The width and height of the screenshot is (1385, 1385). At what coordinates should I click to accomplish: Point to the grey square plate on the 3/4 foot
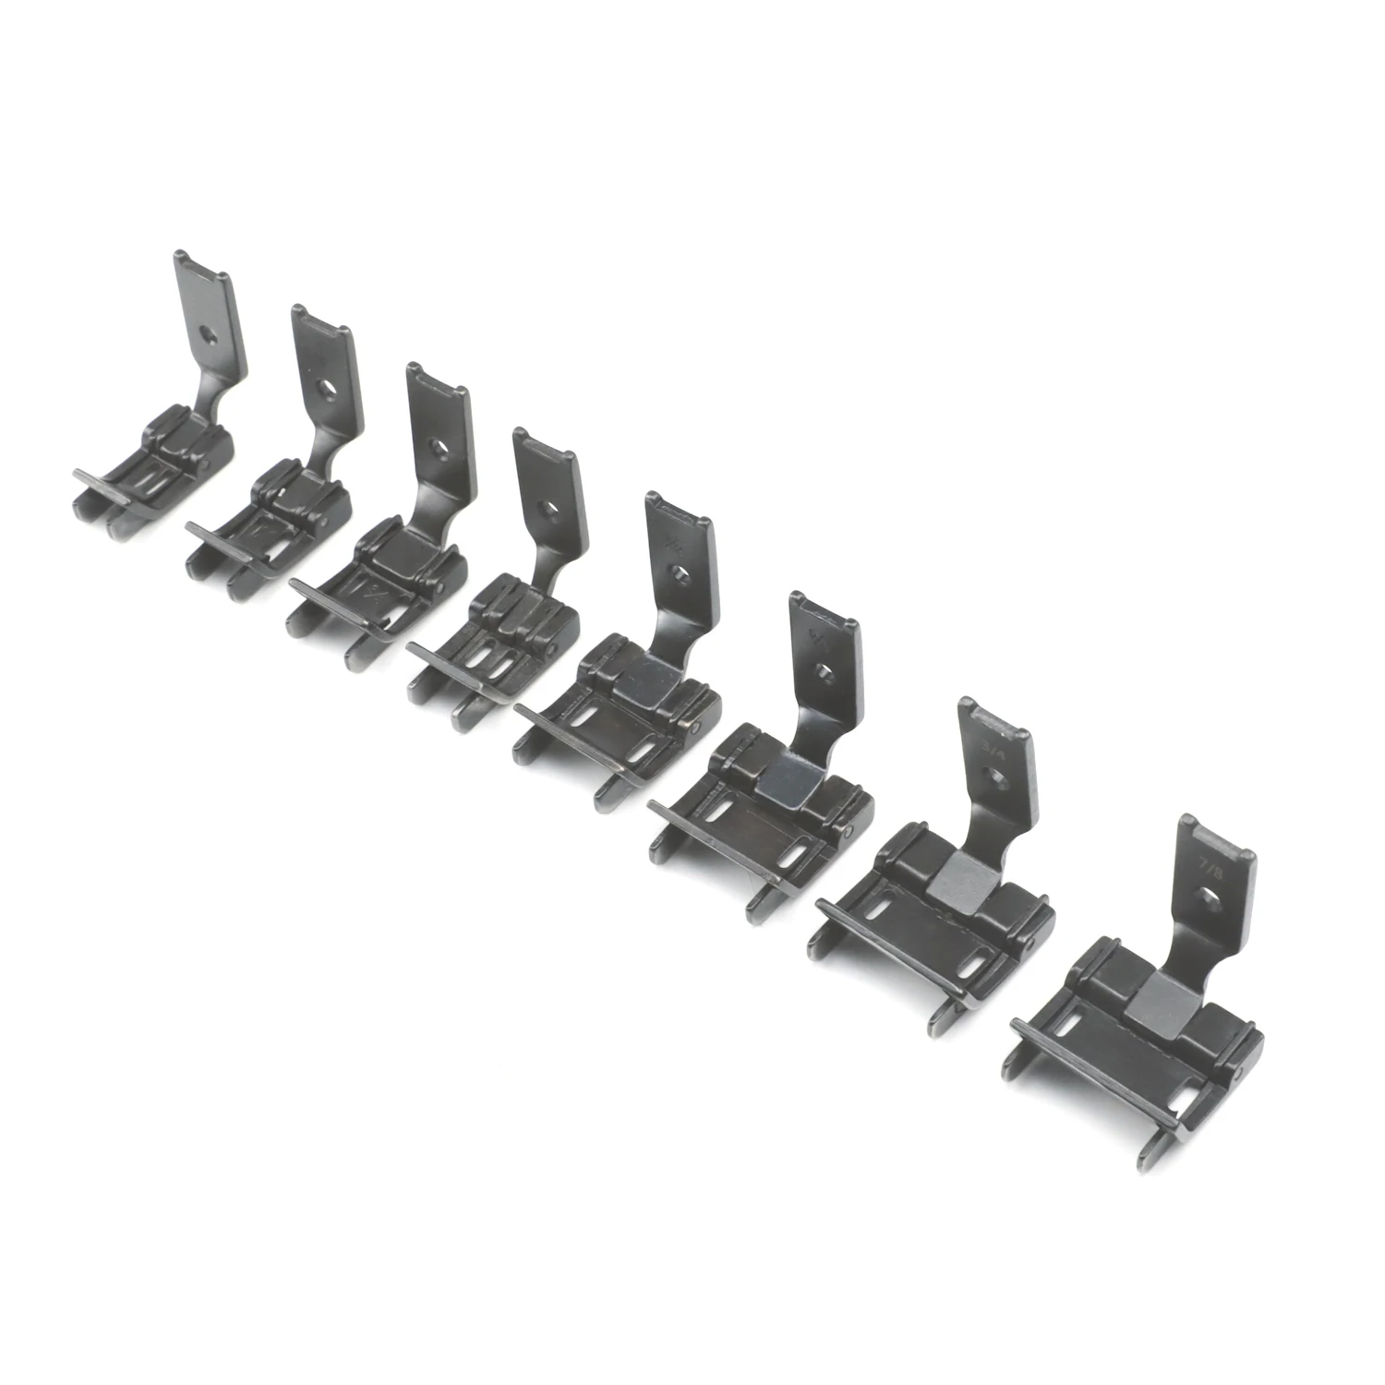click(956, 885)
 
